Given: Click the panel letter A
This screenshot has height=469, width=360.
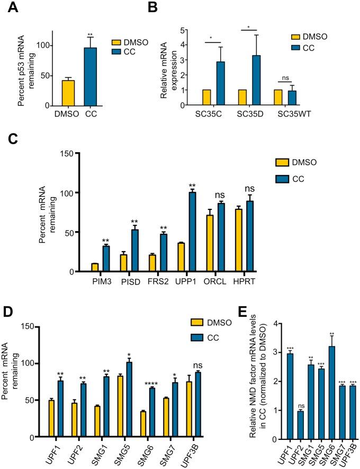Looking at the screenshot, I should coord(8,8).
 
